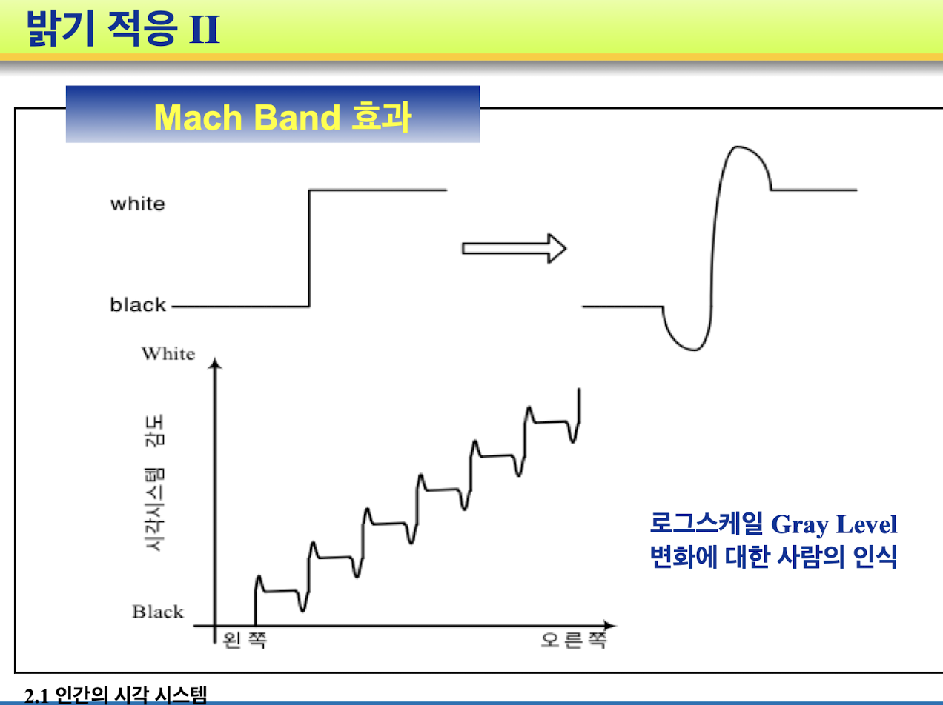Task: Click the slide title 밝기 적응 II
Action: click(123, 28)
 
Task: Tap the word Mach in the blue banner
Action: click(199, 117)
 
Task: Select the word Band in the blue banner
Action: click(297, 117)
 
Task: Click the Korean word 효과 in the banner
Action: click(381, 116)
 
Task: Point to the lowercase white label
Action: click(137, 204)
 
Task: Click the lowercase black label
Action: click(137, 304)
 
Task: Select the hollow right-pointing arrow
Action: click(514, 248)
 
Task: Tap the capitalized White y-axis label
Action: click(168, 353)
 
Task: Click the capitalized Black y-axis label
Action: click(158, 612)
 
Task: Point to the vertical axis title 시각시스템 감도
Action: click(155, 483)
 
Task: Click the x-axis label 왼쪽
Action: click(245, 641)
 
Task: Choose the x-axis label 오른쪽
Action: click(574, 641)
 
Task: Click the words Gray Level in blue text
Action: click(834, 524)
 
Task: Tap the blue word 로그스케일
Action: click(707, 524)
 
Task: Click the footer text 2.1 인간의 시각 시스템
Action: click(116, 695)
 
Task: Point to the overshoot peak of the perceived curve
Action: click(738, 147)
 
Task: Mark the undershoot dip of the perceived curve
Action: click(692, 350)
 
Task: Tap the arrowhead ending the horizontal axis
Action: click(610, 625)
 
